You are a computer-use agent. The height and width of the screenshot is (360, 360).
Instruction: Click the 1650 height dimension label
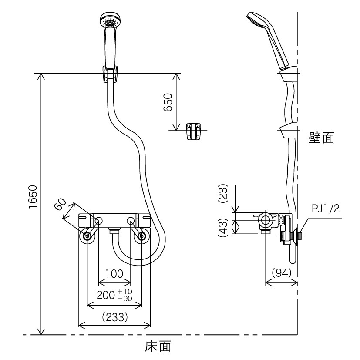click(x=33, y=197)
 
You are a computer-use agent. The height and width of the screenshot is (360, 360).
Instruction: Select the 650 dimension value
click(x=168, y=102)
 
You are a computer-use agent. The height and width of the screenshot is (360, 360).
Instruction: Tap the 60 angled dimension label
click(x=60, y=204)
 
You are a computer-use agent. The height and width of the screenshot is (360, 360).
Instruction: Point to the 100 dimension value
click(x=114, y=274)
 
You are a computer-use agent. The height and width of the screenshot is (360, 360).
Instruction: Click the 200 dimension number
click(x=106, y=295)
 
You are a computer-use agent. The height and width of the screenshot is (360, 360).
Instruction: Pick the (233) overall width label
click(x=114, y=317)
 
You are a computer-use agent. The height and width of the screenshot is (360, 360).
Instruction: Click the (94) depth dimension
click(x=282, y=273)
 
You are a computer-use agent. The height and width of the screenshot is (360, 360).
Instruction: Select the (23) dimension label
click(x=223, y=193)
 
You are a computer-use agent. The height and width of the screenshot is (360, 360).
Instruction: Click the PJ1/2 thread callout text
click(x=325, y=209)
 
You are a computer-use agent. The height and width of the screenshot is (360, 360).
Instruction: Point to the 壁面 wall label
click(x=321, y=138)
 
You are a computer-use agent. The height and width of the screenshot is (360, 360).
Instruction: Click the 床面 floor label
click(x=158, y=346)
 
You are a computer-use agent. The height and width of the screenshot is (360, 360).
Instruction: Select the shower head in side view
click(x=268, y=40)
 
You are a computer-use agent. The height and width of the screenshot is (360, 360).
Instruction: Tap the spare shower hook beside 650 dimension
click(x=193, y=131)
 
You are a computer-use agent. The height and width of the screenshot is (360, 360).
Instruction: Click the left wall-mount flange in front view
click(x=87, y=236)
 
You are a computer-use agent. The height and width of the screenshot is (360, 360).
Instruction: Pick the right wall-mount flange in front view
click(x=141, y=236)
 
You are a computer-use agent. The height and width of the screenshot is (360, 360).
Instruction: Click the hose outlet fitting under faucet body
click(x=114, y=231)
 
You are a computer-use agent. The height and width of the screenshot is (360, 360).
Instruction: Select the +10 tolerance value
click(x=125, y=292)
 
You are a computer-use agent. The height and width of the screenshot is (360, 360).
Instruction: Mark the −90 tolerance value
click(x=125, y=298)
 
